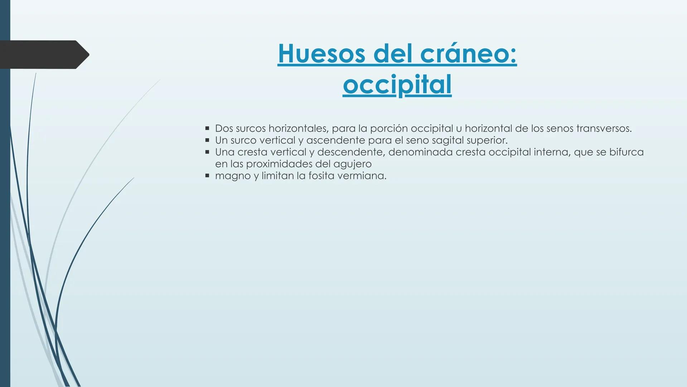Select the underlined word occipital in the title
[x=397, y=85]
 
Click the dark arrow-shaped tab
[x=43, y=54]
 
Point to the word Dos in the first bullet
[x=224, y=128]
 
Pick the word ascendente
[x=335, y=140]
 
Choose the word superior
[x=487, y=140]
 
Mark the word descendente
[x=351, y=152]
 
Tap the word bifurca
[x=626, y=152]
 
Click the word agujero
[x=352, y=164]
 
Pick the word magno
[x=233, y=176]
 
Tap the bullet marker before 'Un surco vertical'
[x=207, y=140]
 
